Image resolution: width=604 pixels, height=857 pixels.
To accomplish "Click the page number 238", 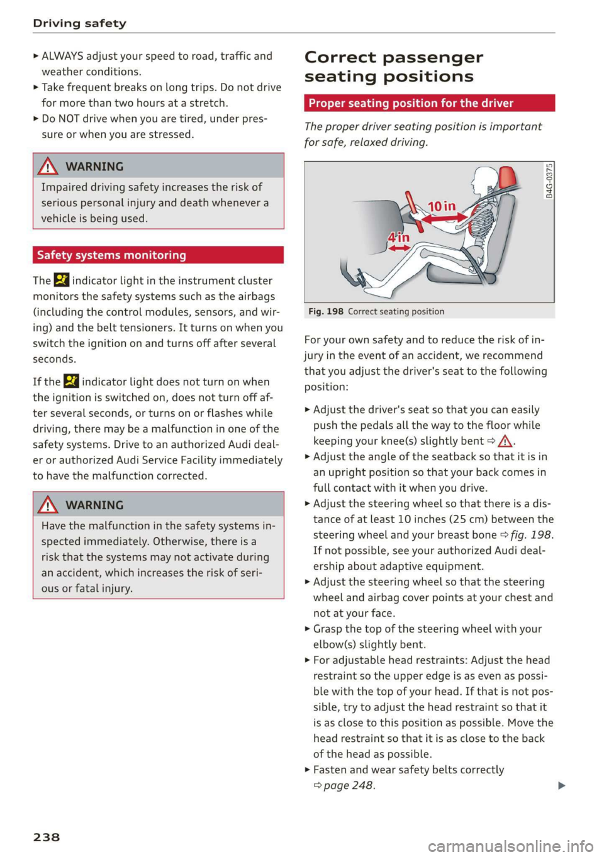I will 47,837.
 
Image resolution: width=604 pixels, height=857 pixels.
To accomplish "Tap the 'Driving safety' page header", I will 79,23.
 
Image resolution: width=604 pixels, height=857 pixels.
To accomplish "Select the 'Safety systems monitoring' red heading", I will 111,255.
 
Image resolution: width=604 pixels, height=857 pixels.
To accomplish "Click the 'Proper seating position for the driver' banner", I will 411,103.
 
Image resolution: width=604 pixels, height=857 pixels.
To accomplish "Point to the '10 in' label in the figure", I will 442,206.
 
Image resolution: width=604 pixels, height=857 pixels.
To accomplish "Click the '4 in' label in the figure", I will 398,238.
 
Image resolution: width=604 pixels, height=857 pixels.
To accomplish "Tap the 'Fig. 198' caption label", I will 326,311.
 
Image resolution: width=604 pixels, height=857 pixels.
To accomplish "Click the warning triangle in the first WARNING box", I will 48,167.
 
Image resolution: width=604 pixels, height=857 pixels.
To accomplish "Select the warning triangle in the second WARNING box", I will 48,505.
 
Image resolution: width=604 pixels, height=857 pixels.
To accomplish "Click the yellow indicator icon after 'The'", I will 61,280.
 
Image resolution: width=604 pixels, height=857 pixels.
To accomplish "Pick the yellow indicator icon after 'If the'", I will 71,381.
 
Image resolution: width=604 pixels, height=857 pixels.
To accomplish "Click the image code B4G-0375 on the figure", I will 549,180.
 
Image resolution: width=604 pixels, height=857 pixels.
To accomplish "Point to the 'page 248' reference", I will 348,785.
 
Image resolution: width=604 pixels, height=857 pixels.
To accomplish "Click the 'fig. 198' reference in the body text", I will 531,535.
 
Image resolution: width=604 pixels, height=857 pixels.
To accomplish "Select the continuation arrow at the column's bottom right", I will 561,785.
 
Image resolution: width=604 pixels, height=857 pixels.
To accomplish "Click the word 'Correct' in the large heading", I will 339,57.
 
